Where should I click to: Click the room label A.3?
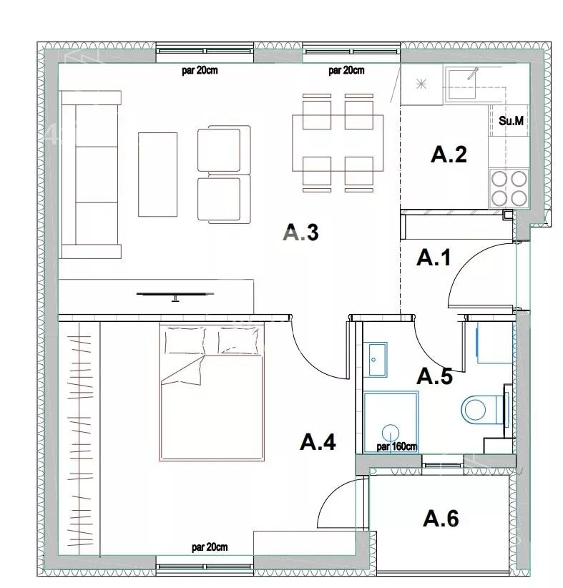(x=301, y=232)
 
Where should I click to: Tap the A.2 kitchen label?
(x=449, y=154)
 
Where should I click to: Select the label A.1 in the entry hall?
(x=434, y=258)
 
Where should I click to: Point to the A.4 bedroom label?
(x=318, y=441)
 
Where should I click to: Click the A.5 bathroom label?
(x=435, y=376)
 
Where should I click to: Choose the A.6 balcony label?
(x=441, y=518)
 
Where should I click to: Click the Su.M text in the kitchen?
(x=511, y=121)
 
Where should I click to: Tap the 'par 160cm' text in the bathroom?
(x=397, y=446)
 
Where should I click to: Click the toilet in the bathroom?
(x=483, y=408)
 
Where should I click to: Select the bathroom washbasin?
(x=378, y=359)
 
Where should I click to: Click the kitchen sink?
(x=461, y=83)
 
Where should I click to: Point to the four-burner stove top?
(x=509, y=189)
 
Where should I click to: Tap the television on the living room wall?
(x=175, y=295)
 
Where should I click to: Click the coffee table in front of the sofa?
(x=157, y=175)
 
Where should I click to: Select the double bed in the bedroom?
(x=212, y=392)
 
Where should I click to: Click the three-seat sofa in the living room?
(x=91, y=175)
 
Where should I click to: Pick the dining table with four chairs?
(x=338, y=142)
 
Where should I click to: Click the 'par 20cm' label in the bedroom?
(x=210, y=547)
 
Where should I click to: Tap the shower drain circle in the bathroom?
(x=391, y=433)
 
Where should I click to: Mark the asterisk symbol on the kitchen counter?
(x=421, y=84)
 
